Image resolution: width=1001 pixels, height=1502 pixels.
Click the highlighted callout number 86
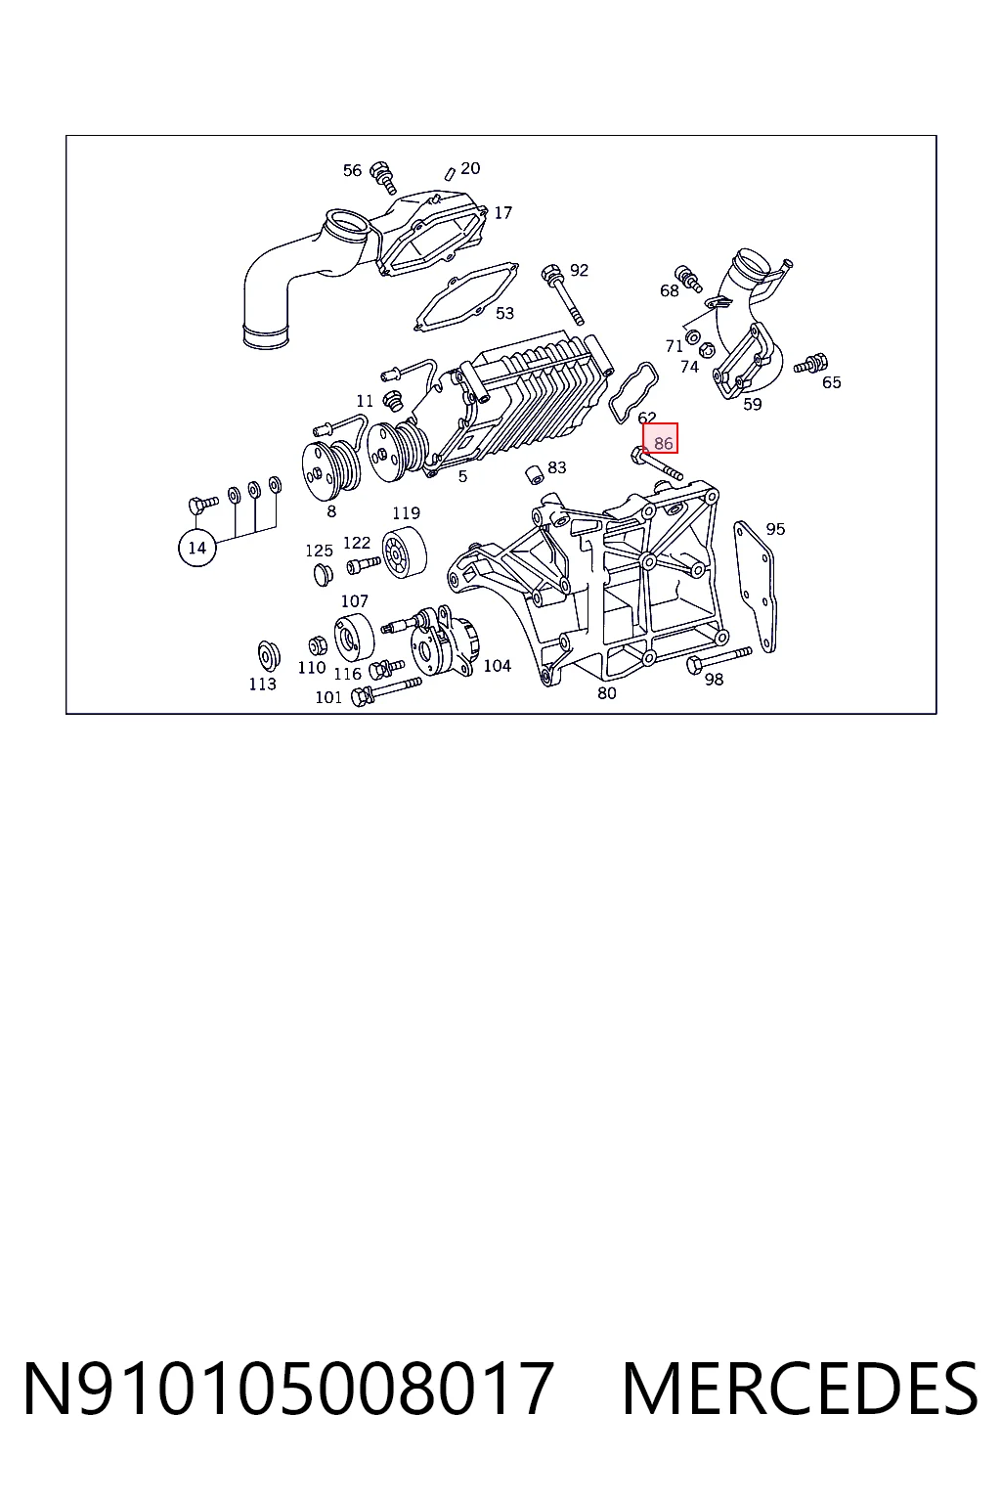click(663, 443)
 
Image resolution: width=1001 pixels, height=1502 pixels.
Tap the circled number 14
click(197, 548)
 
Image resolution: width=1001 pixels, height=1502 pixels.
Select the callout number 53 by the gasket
click(504, 313)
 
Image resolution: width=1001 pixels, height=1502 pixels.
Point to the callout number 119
click(407, 513)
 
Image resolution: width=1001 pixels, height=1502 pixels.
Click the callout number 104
click(498, 666)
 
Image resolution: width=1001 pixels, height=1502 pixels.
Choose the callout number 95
click(775, 529)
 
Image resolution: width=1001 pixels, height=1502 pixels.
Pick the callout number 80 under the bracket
click(607, 693)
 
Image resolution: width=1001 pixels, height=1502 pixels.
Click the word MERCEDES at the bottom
click(801, 1388)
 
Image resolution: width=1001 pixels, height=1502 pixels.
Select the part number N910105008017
click(289, 1388)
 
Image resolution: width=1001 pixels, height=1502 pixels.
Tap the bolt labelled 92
click(562, 294)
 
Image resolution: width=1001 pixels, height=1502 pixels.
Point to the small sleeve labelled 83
click(534, 473)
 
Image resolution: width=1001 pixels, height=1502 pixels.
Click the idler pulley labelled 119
click(404, 552)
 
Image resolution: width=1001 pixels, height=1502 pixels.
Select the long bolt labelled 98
click(718, 658)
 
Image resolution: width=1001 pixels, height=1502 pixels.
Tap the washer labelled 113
click(269, 655)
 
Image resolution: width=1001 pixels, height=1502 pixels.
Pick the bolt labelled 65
click(810, 364)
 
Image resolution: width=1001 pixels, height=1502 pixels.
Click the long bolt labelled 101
click(386, 691)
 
